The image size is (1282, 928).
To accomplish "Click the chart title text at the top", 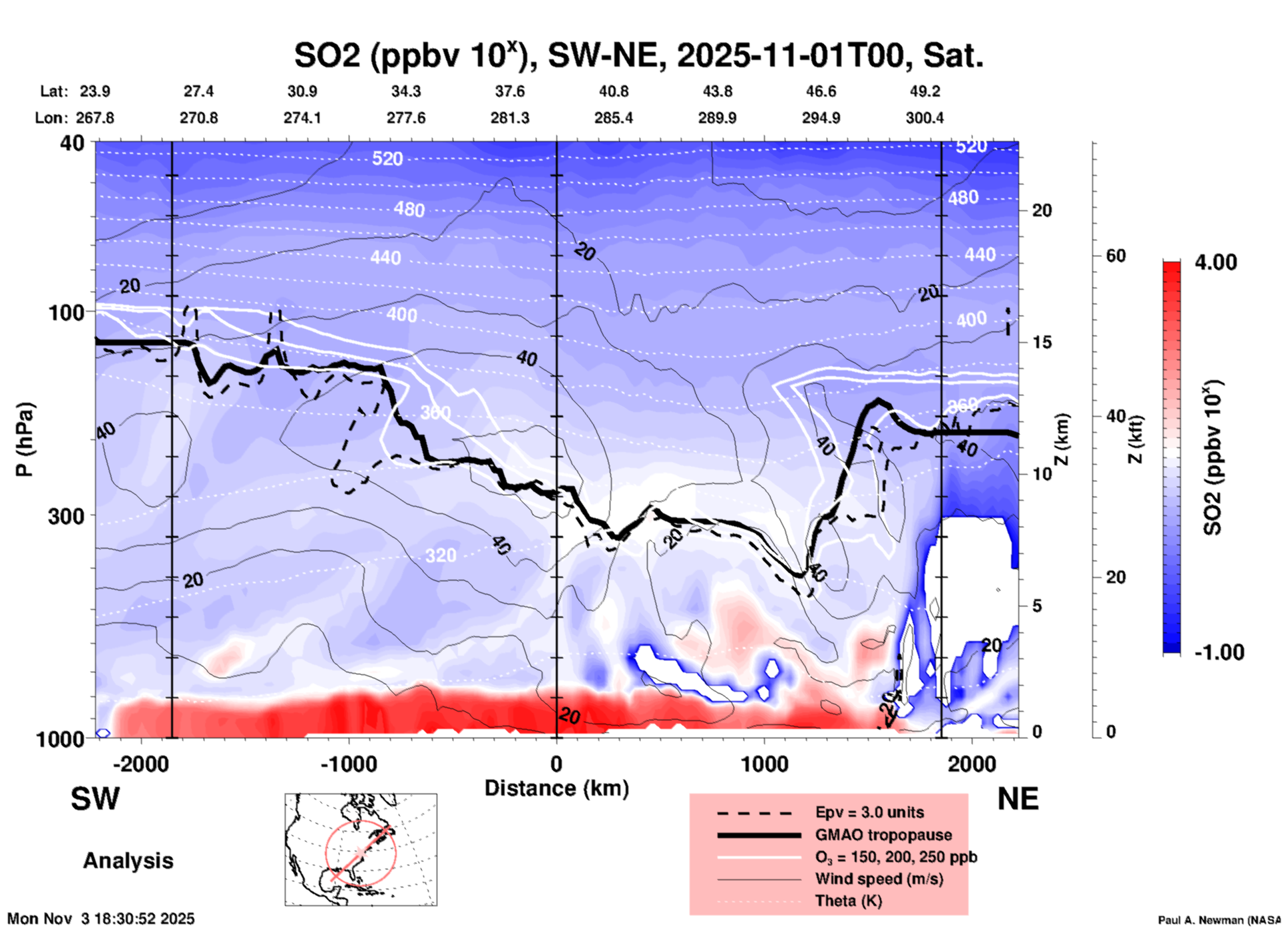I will pyautogui.click(x=639, y=55).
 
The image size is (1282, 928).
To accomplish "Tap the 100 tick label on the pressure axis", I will pyautogui.click(x=67, y=312).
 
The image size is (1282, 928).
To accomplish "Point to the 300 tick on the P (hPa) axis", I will pyautogui.click(x=67, y=516).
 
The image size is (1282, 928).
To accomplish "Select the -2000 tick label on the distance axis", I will pyautogui.click(x=140, y=764).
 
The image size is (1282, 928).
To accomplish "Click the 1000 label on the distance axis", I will pyautogui.click(x=764, y=764).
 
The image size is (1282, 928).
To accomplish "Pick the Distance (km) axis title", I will pyautogui.click(x=556, y=788).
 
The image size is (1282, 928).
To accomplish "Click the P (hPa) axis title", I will pyautogui.click(x=25, y=439).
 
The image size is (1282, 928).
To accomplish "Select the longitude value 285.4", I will pyautogui.click(x=614, y=118).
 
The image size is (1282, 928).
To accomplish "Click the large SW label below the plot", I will pyautogui.click(x=95, y=799).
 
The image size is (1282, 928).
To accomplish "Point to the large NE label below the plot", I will pyautogui.click(x=1018, y=799).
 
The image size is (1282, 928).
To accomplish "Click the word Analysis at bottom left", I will pyautogui.click(x=128, y=861).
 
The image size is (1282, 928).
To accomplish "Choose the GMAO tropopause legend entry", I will pyautogui.click(x=883, y=835).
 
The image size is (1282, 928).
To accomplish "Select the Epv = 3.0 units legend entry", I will pyautogui.click(x=869, y=812).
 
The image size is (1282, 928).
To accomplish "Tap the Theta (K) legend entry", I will pyautogui.click(x=849, y=901).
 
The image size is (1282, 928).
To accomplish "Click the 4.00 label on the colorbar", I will pyautogui.click(x=1215, y=262).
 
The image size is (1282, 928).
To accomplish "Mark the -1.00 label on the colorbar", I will pyautogui.click(x=1219, y=652).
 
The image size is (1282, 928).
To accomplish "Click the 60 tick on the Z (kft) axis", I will pyautogui.click(x=1116, y=256).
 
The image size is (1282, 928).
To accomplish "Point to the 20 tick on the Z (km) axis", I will pyautogui.click(x=1042, y=210).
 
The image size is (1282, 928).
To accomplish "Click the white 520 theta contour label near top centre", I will pyautogui.click(x=387, y=158).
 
